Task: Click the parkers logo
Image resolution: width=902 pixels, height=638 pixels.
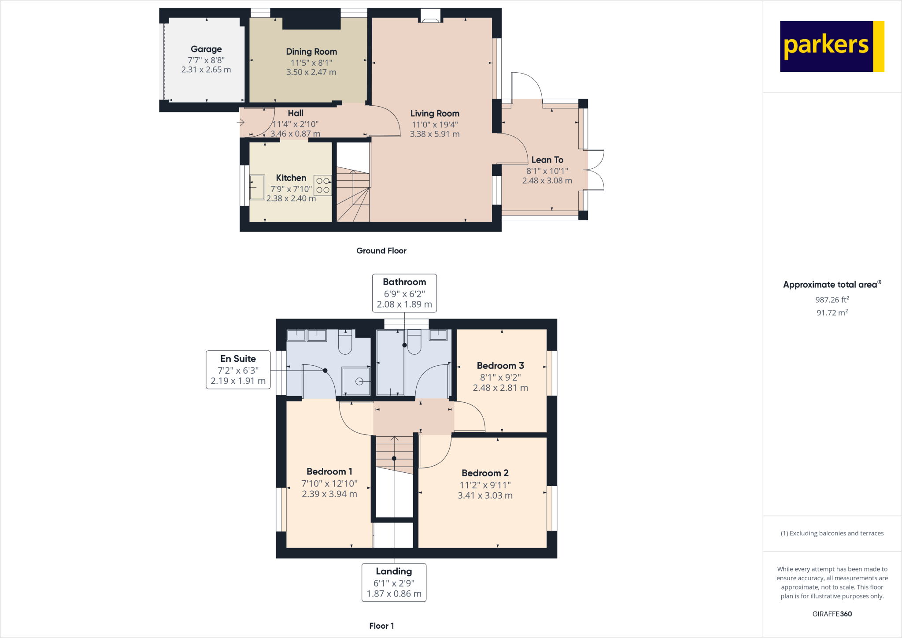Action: pyautogui.click(x=832, y=46)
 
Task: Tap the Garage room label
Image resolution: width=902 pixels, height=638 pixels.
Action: pyautogui.click(x=206, y=49)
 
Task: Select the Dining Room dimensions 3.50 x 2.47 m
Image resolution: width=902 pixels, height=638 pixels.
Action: pyautogui.click(x=311, y=72)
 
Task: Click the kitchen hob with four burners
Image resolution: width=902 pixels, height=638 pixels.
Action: pyautogui.click(x=322, y=185)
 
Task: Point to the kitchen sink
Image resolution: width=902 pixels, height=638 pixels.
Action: pyautogui.click(x=257, y=187)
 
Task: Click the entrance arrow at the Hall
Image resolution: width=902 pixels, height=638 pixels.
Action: pyautogui.click(x=240, y=122)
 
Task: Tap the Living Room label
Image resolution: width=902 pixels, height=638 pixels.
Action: pyautogui.click(x=435, y=114)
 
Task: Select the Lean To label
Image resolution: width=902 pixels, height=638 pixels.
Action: pyautogui.click(x=547, y=160)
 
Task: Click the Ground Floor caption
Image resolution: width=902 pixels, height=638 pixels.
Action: pyautogui.click(x=381, y=251)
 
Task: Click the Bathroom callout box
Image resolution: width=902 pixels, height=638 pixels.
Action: pyautogui.click(x=404, y=293)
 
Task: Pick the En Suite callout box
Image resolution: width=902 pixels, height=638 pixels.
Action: pyautogui.click(x=238, y=370)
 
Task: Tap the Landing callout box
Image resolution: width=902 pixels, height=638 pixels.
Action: pyautogui.click(x=394, y=582)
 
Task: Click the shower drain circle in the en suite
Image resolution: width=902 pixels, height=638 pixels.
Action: pyautogui.click(x=359, y=382)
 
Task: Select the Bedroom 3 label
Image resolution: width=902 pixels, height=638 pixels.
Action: pyautogui.click(x=500, y=366)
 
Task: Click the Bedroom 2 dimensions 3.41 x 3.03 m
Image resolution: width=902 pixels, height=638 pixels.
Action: pyautogui.click(x=485, y=496)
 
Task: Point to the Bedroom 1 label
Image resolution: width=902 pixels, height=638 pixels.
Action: pyautogui.click(x=329, y=472)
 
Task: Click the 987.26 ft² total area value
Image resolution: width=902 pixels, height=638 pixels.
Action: pyautogui.click(x=832, y=300)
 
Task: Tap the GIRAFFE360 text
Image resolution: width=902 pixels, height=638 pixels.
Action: pyautogui.click(x=832, y=614)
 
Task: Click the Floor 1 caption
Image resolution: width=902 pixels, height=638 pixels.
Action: pyautogui.click(x=381, y=626)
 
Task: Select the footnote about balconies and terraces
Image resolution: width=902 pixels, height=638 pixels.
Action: pyautogui.click(x=832, y=533)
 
